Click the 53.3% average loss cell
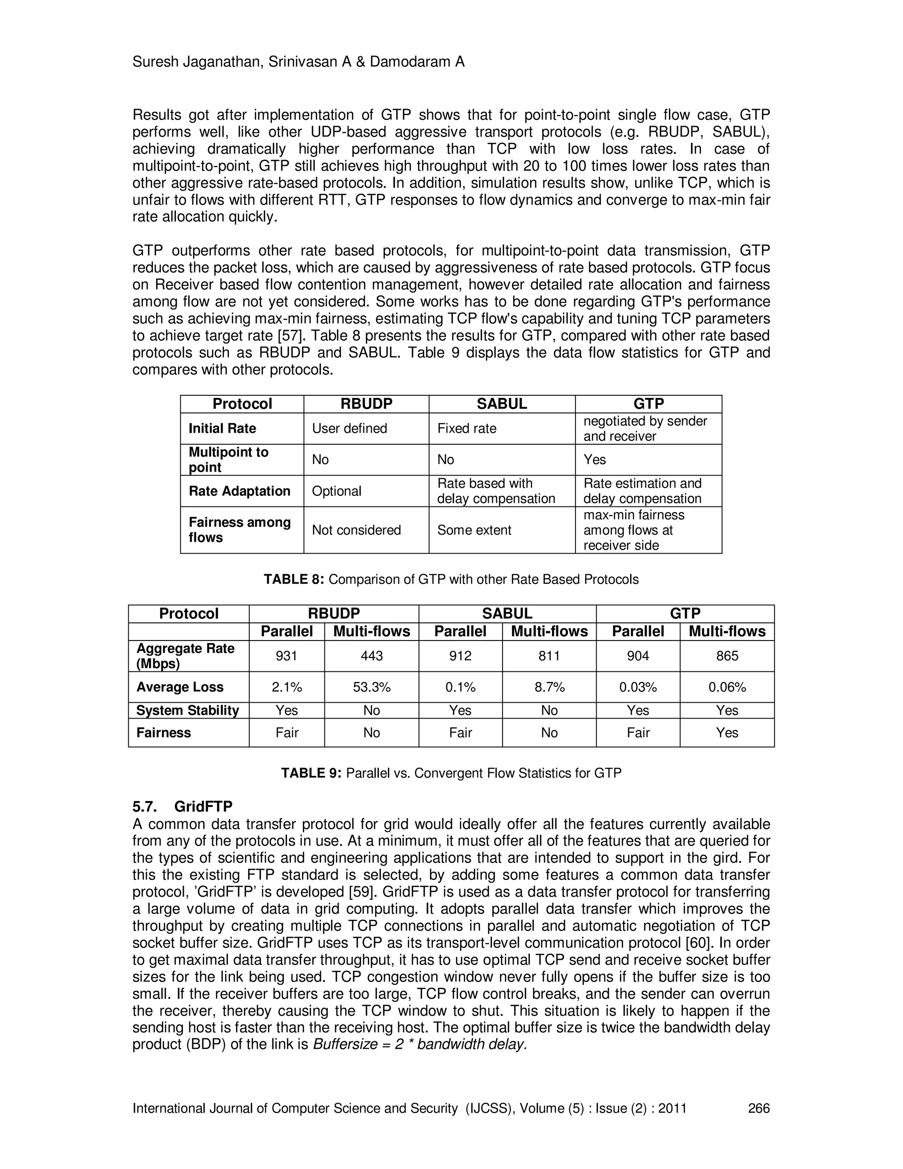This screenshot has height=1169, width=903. [371, 687]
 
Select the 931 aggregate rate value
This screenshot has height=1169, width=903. [286, 656]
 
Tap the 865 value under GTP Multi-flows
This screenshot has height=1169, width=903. [727, 656]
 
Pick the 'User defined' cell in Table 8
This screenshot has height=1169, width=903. [349, 428]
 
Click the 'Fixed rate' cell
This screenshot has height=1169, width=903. [466, 428]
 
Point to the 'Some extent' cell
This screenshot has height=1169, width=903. [474, 530]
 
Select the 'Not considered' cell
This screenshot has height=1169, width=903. [356, 530]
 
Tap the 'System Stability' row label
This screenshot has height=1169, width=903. [187, 710]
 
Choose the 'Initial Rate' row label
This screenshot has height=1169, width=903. [222, 428]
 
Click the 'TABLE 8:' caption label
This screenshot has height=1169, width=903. [294, 580]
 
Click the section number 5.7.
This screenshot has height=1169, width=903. [145, 807]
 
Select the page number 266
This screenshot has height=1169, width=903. [758, 1109]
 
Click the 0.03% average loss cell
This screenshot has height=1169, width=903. [638, 687]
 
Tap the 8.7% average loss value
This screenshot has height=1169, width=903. [549, 687]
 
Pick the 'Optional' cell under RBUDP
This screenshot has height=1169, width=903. [336, 491]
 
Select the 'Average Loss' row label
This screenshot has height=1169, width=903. [180, 687]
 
